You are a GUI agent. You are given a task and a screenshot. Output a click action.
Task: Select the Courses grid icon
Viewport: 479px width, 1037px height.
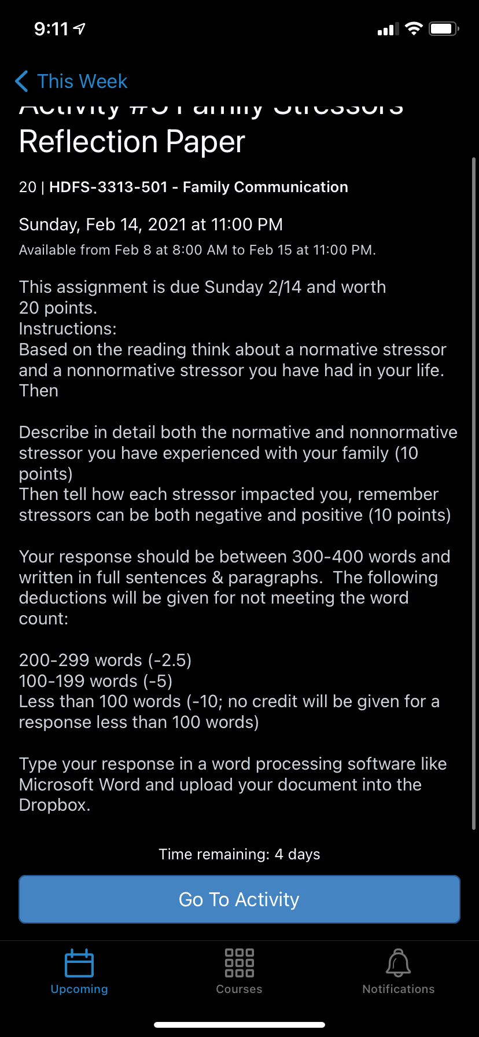(239, 963)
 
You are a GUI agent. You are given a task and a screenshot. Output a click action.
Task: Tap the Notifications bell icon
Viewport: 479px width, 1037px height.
(398, 963)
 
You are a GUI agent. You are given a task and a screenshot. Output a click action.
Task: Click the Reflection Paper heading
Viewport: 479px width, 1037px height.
(132, 142)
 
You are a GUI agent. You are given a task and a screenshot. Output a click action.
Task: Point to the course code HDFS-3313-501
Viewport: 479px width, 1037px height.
(108, 187)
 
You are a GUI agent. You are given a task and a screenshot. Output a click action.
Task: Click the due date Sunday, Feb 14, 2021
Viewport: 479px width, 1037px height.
(150, 225)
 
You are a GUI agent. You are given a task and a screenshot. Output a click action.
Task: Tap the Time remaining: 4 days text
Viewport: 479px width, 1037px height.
(239, 855)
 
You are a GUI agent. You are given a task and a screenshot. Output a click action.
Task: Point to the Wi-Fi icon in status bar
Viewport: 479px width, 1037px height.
(414, 29)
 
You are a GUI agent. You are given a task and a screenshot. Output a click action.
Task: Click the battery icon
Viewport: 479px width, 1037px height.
(444, 29)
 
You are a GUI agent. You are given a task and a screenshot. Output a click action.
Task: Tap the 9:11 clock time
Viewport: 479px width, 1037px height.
(51, 29)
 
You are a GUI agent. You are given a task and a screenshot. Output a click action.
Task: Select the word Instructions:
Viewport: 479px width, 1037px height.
(68, 329)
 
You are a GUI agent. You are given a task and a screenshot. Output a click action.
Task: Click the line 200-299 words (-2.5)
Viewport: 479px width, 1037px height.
(105, 660)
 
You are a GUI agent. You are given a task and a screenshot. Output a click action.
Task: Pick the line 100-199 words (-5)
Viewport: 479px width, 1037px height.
(96, 681)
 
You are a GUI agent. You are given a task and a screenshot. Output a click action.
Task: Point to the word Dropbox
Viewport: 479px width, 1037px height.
(54, 806)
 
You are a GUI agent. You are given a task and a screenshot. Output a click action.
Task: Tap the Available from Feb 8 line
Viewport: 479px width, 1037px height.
(197, 251)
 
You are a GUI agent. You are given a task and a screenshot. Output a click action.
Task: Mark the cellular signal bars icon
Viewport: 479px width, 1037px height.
(388, 30)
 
